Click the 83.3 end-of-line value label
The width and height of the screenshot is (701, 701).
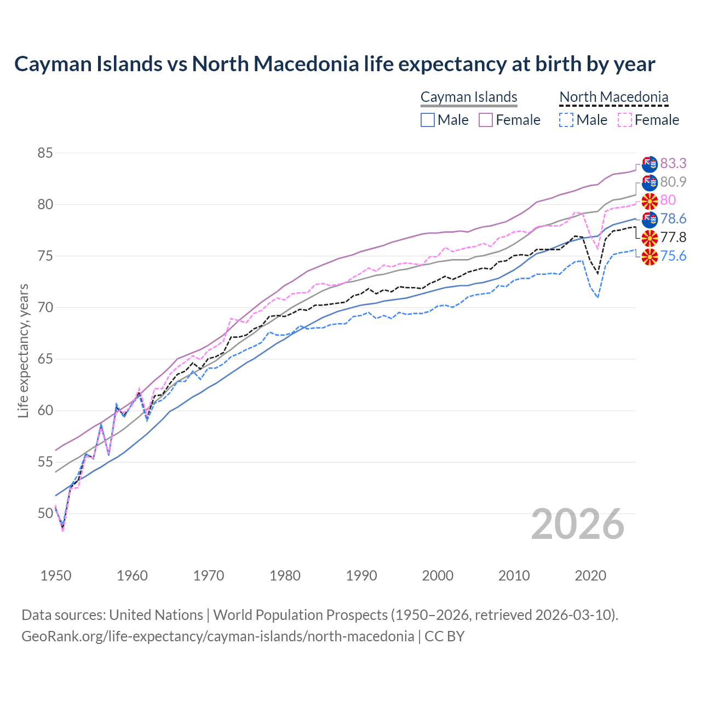673,163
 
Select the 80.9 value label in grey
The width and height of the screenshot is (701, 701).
673,182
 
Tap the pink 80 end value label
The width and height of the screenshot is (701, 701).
668,200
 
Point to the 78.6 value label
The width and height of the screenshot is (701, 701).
673,219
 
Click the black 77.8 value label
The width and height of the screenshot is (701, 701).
673,237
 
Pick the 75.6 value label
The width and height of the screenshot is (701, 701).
673,256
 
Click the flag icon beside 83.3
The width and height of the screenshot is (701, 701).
650,163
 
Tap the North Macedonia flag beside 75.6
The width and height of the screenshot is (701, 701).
650,256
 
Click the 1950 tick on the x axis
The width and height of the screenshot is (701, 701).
56,576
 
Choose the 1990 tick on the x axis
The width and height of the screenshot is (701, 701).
361,576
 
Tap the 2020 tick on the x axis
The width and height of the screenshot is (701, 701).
590,576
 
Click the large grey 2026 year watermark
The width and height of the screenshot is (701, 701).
578,524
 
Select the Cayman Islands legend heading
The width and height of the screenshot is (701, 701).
469,97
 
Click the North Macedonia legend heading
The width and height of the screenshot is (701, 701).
614,97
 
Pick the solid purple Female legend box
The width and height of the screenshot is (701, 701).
486,120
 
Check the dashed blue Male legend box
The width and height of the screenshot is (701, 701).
566,120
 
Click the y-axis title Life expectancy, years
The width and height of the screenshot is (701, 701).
23,350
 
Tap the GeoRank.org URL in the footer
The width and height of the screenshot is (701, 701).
217,636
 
